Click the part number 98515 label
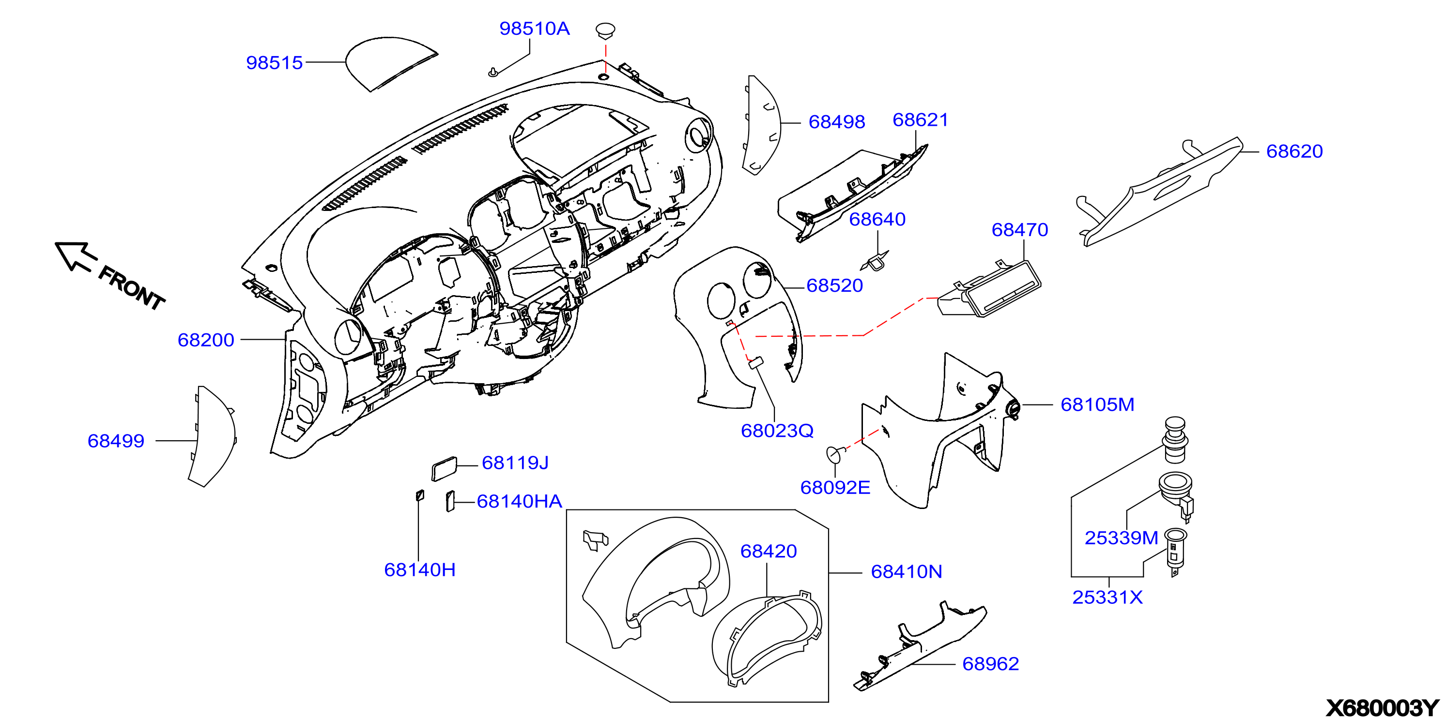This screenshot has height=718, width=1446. click(275, 62)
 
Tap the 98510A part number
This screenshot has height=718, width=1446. click(535, 28)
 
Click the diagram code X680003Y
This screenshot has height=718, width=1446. click(1383, 708)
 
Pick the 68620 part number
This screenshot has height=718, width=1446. click(1294, 151)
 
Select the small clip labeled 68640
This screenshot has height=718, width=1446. click(875, 261)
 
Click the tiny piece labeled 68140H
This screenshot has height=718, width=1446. click(419, 495)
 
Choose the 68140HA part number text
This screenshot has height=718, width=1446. click(519, 501)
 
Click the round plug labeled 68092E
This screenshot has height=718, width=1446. click(835, 453)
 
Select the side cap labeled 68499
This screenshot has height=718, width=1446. click(212, 436)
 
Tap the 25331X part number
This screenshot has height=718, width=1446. click(1107, 597)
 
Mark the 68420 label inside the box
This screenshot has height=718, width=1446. click(769, 551)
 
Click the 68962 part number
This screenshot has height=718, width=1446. click(990, 664)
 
